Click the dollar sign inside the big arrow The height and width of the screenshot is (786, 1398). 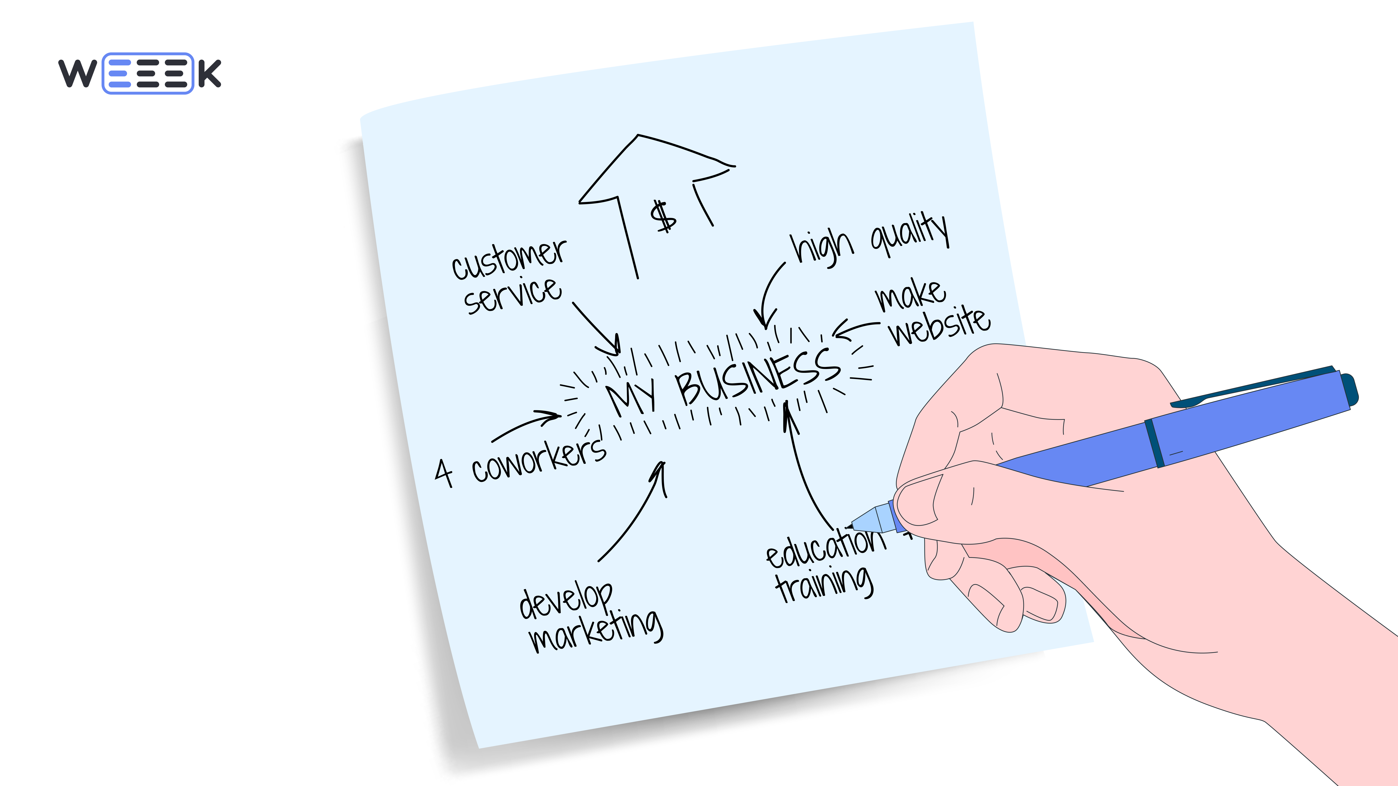663,216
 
